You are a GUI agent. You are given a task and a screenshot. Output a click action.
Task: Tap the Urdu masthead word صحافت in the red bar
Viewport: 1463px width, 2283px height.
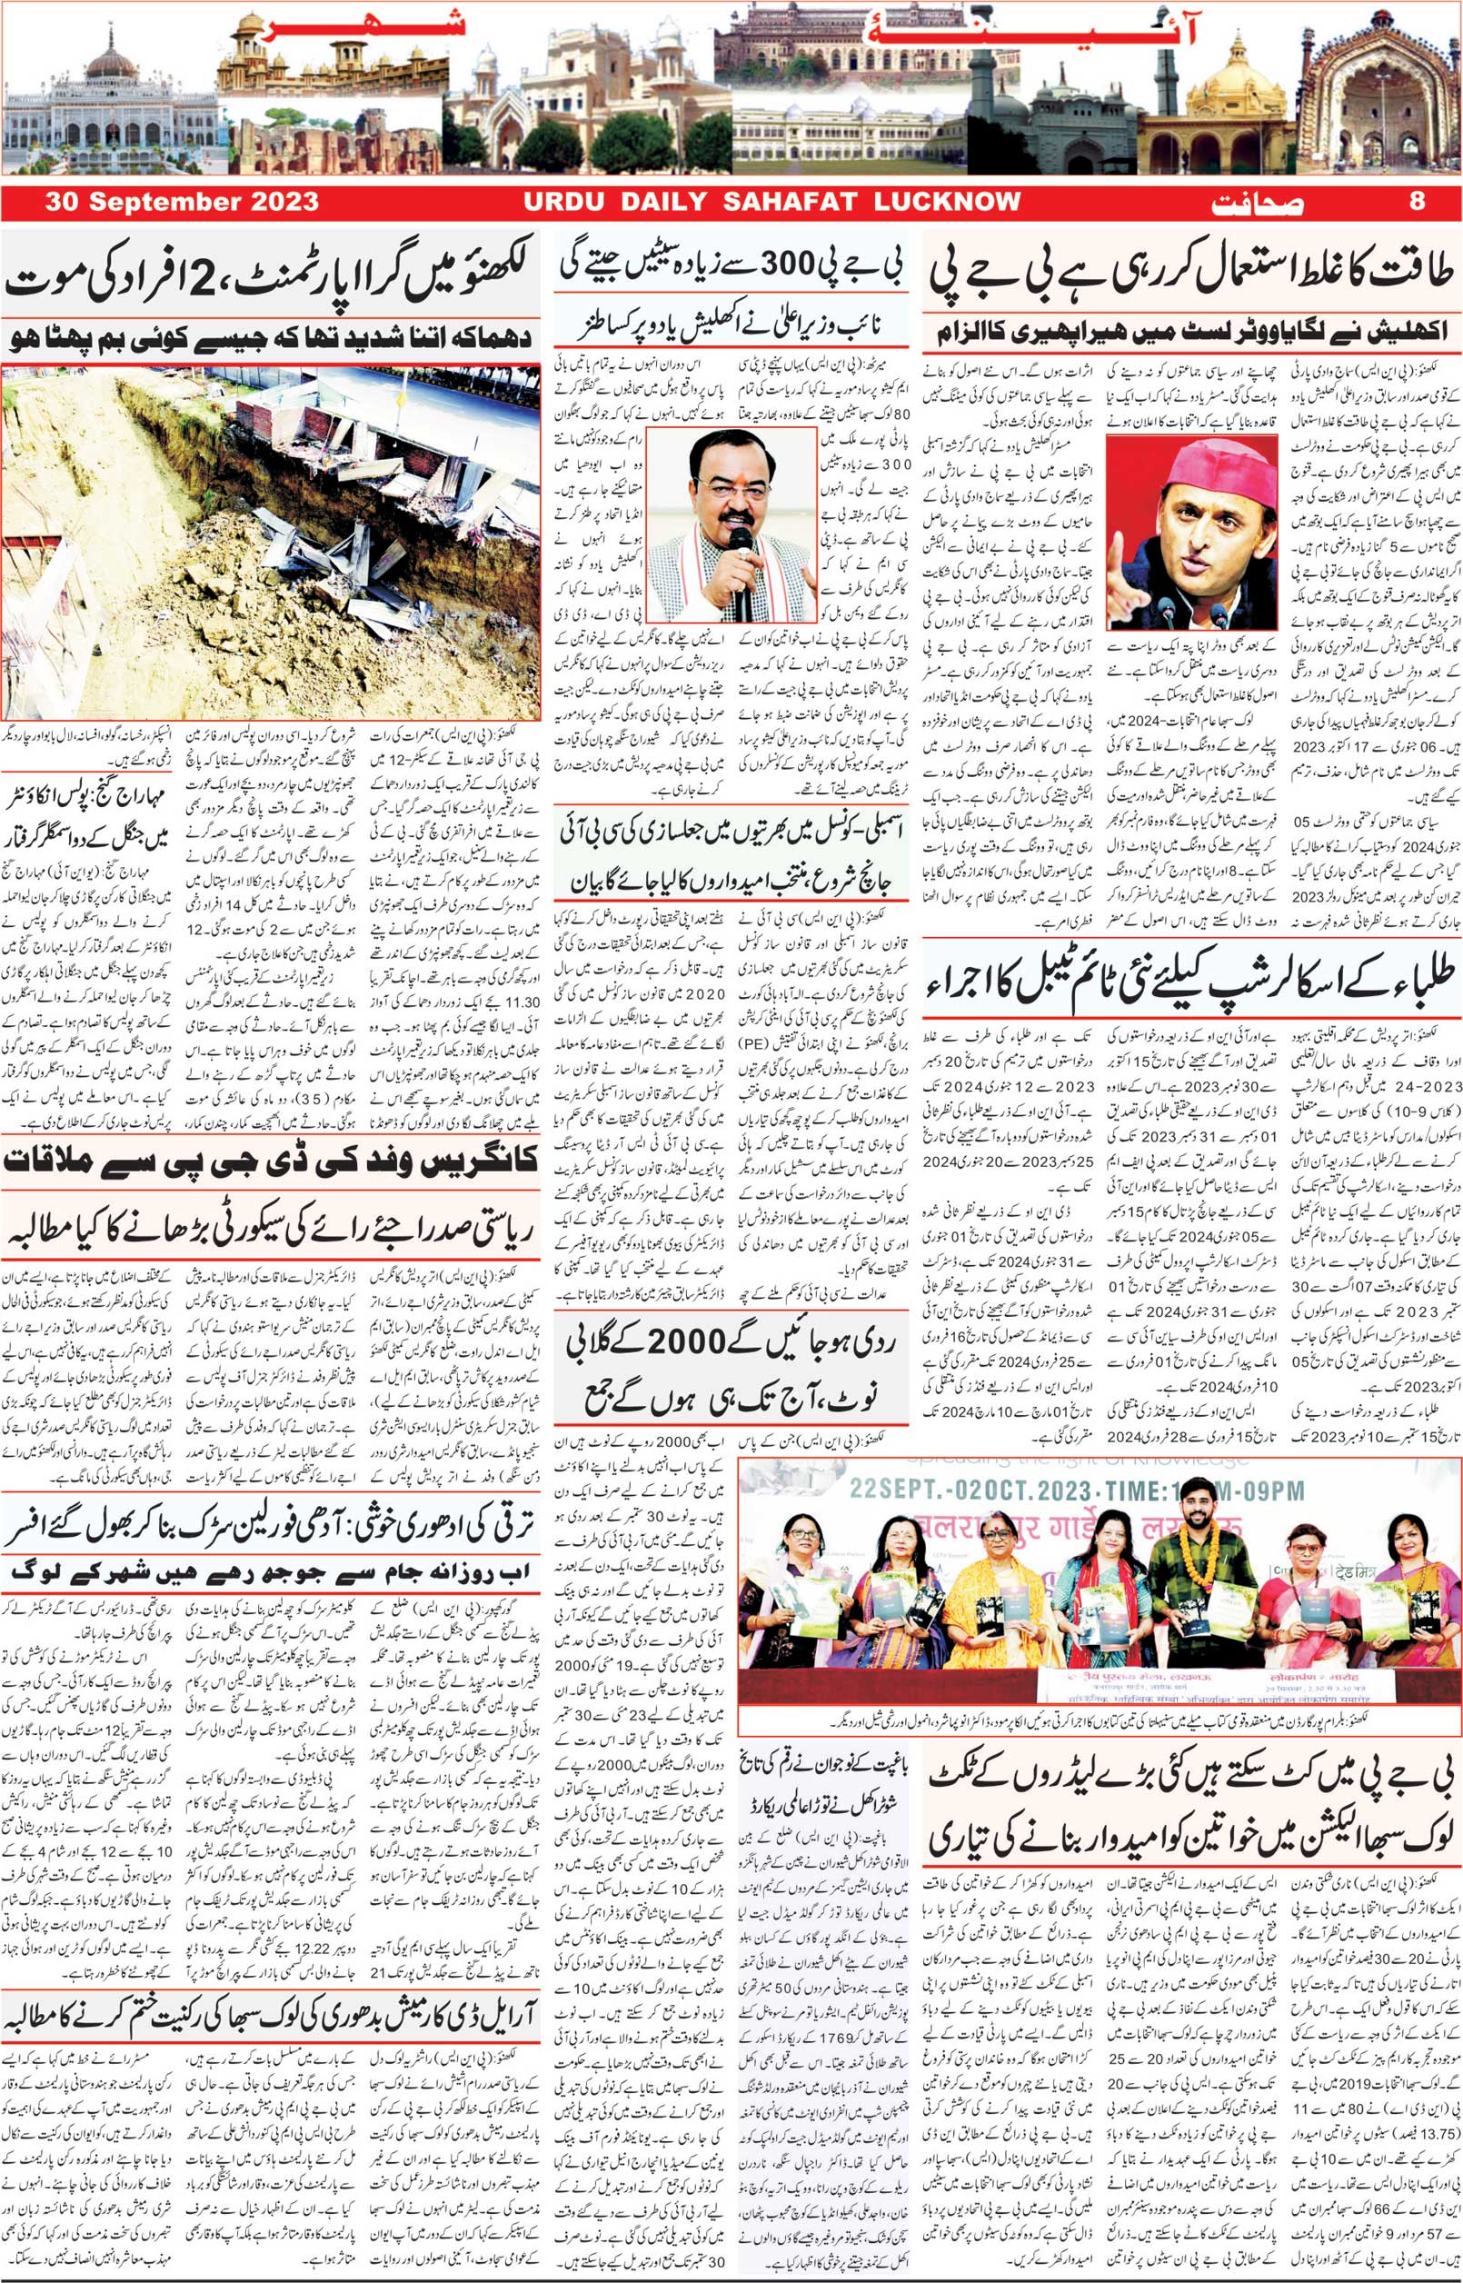point(1258,204)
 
